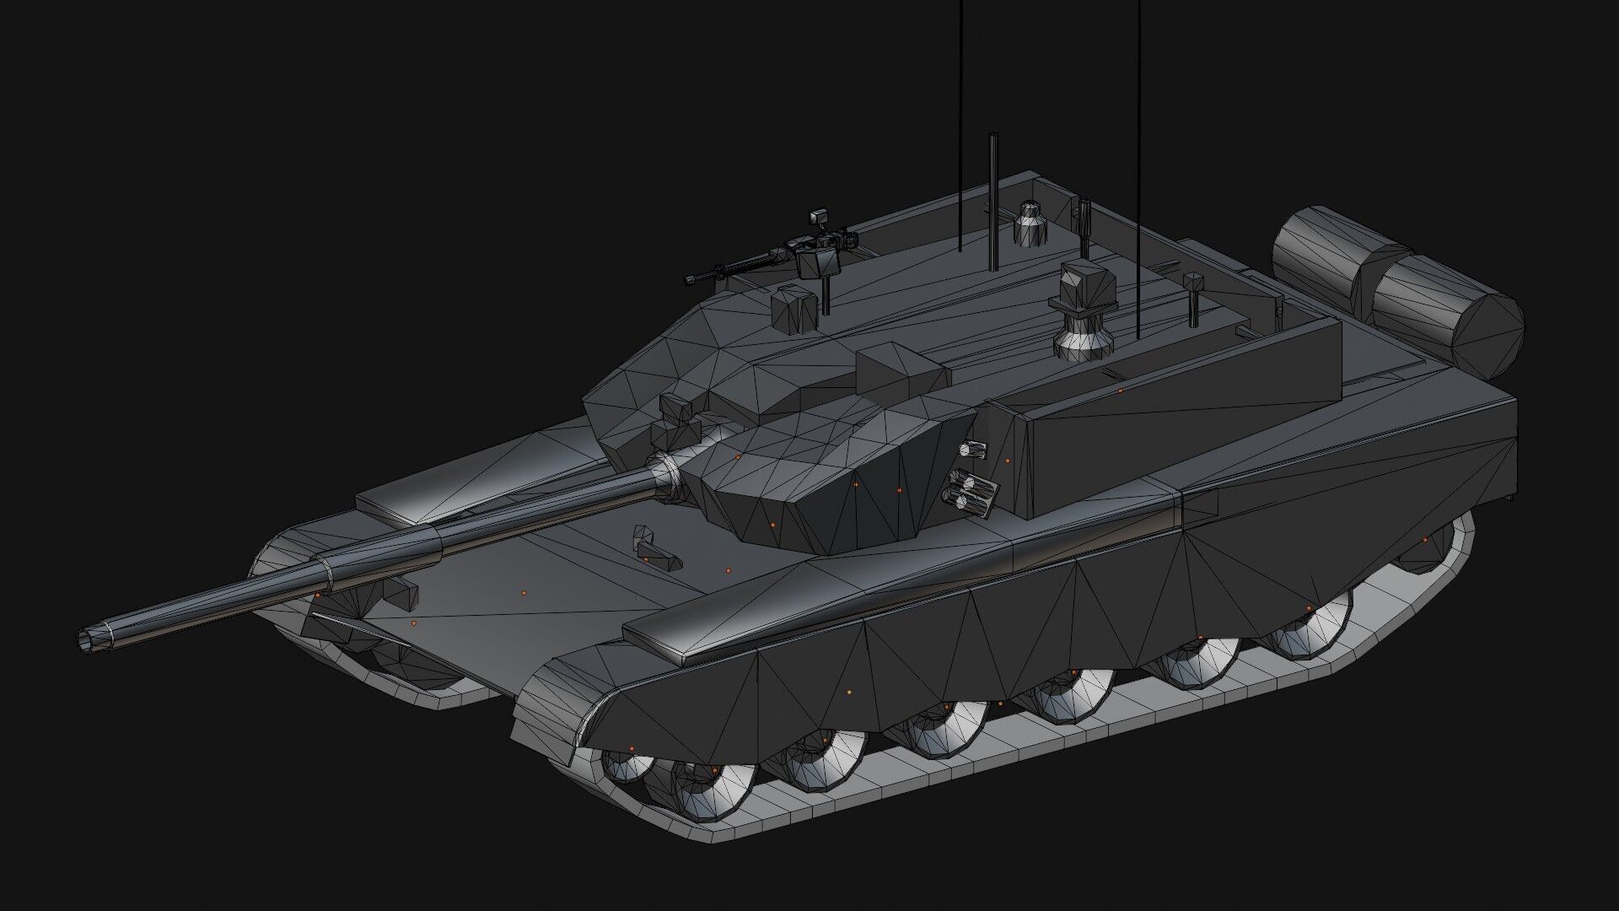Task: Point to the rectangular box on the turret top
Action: coord(901,371)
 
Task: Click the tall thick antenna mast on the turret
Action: coord(994,202)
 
